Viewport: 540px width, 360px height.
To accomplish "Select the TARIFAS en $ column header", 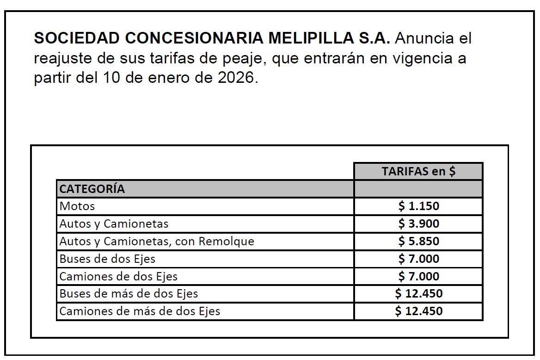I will point(418,171).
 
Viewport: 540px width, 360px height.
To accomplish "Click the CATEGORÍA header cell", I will point(92,189).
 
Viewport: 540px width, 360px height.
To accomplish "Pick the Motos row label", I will point(77,206).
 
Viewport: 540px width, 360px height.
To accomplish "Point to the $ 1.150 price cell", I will point(418,206).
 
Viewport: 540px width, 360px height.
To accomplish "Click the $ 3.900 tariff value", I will point(418,224).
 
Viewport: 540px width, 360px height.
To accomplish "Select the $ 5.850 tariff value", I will point(418,242).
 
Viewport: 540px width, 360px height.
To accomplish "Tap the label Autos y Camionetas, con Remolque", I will point(157,242).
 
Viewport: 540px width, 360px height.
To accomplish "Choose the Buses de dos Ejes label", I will point(107,259).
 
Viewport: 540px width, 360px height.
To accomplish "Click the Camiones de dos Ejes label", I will point(118,277).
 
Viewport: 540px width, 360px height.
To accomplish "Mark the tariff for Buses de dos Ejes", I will point(418,259).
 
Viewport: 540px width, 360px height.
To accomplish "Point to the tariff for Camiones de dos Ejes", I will point(418,277).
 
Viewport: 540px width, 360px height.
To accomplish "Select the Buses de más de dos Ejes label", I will point(129,294).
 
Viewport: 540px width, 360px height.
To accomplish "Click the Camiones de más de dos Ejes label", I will point(140,311).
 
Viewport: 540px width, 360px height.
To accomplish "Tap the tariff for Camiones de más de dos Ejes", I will point(418,311).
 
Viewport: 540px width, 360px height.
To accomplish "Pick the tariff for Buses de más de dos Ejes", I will point(418,294).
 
